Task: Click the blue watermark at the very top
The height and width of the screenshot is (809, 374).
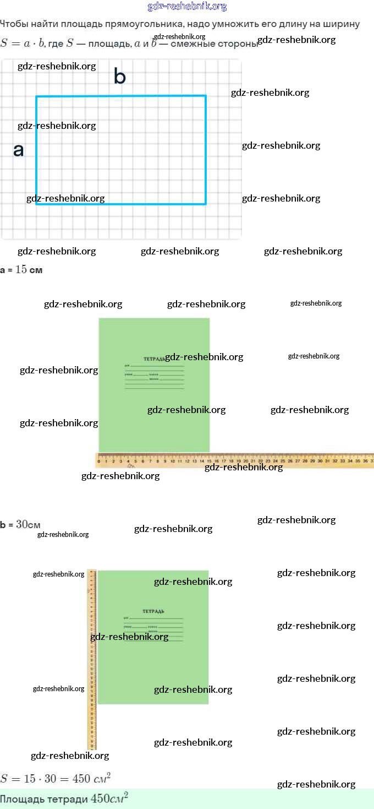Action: pos(187,7)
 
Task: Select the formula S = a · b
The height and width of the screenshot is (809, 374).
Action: pos(22,44)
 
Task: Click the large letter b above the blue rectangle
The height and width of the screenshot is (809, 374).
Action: pos(119,77)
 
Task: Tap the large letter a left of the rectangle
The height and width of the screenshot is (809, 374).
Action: pos(18,150)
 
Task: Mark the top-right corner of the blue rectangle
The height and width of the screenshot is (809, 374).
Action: pos(206,96)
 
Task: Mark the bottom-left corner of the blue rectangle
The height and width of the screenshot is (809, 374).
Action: pos(37,204)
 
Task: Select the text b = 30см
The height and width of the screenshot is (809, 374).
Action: pos(20,525)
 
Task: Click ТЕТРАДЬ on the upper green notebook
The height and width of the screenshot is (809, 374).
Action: pos(153,359)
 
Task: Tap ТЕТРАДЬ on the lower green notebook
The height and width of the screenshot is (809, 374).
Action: pos(153,611)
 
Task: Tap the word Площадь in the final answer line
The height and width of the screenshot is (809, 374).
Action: pos(17,799)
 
